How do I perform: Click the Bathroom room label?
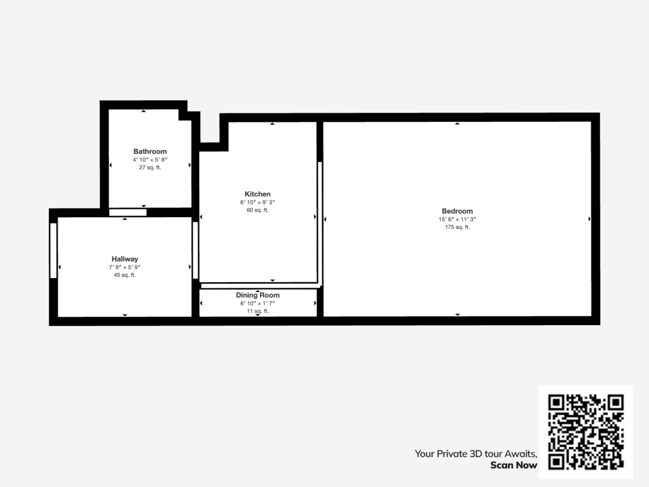pos(150,152)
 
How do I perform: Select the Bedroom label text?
pos(457,211)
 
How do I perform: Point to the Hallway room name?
pos(125,259)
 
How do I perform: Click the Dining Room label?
pos(258,295)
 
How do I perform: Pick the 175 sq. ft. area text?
pos(457,227)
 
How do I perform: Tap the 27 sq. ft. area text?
pos(150,167)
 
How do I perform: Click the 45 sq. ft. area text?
pos(125,275)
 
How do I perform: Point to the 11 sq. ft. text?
pos(258,311)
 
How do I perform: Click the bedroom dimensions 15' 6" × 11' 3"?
pos(457,219)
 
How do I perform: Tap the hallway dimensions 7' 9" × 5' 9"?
pos(125,267)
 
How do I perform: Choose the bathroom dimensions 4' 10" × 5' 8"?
pos(150,159)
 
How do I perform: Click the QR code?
pos(586,432)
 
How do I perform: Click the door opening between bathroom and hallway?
pos(128,212)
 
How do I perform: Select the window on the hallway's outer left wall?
pos(53,250)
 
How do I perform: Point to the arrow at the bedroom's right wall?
pos(590,219)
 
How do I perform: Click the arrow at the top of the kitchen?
pos(272,124)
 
